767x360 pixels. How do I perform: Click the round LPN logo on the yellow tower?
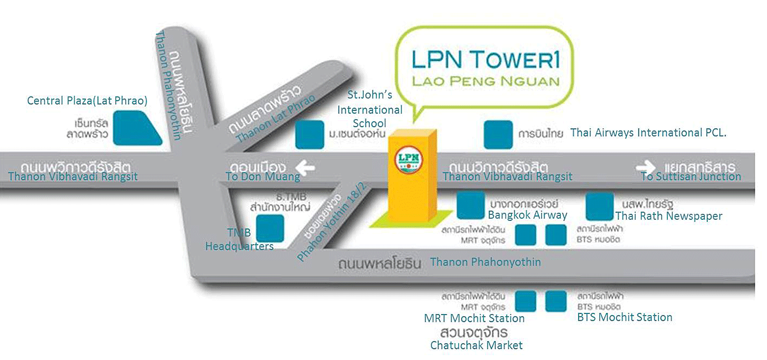(407, 160)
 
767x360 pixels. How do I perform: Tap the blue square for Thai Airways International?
(498, 135)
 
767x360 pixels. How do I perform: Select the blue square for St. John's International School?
(309, 135)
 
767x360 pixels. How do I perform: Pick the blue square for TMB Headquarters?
(270, 229)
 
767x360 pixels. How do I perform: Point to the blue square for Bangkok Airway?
(471, 205)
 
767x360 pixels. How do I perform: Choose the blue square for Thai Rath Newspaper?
(599, 206)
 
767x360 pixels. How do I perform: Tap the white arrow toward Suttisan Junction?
(645, 167)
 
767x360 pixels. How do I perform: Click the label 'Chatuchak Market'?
(476, 346)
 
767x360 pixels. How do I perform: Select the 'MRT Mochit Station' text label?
(474, 318)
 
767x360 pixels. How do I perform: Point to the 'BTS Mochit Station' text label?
(624, 317)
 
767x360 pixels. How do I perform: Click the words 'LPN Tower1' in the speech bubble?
(484, 59)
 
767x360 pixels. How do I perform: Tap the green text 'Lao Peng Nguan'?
(485, 81)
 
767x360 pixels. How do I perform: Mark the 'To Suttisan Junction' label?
(690, 177)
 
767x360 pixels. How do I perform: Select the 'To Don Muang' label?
(262, 177)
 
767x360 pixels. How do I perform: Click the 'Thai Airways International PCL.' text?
(648, 133)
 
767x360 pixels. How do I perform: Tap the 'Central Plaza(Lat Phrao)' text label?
(87, 101)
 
